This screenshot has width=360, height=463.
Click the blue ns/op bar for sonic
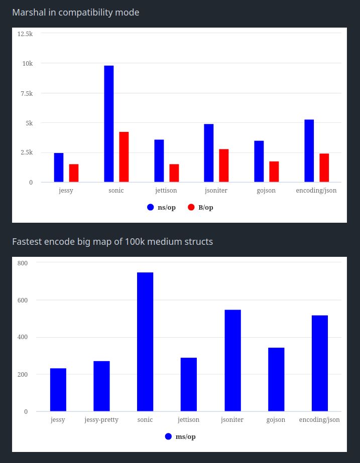[109, 124]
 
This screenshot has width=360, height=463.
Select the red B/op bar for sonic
[124, 157]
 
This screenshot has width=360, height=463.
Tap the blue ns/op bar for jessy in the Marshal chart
[59, 168]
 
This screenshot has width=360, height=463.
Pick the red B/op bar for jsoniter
[224, 166]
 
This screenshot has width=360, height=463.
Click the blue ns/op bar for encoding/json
[309, 151]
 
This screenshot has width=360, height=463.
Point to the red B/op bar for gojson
[274, 172]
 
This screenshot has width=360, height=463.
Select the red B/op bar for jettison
[174, 173]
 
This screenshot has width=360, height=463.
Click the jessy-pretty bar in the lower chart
[101, 386]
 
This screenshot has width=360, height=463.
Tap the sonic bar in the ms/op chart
[145, 342]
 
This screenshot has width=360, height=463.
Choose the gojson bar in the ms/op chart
[276, 380]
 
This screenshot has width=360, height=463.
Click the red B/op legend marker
[191, 207]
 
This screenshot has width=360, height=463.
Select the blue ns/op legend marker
[150, 207]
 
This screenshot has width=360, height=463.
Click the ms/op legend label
[185, 436]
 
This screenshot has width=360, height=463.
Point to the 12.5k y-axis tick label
[25, 34]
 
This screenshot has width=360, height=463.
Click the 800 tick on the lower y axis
[23, 263]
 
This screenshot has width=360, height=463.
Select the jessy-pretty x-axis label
[101, 420]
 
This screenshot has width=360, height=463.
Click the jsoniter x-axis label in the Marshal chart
[216, 191]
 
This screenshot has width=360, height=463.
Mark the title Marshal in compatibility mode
[76, 13]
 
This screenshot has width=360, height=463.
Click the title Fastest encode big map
[112, 242]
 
